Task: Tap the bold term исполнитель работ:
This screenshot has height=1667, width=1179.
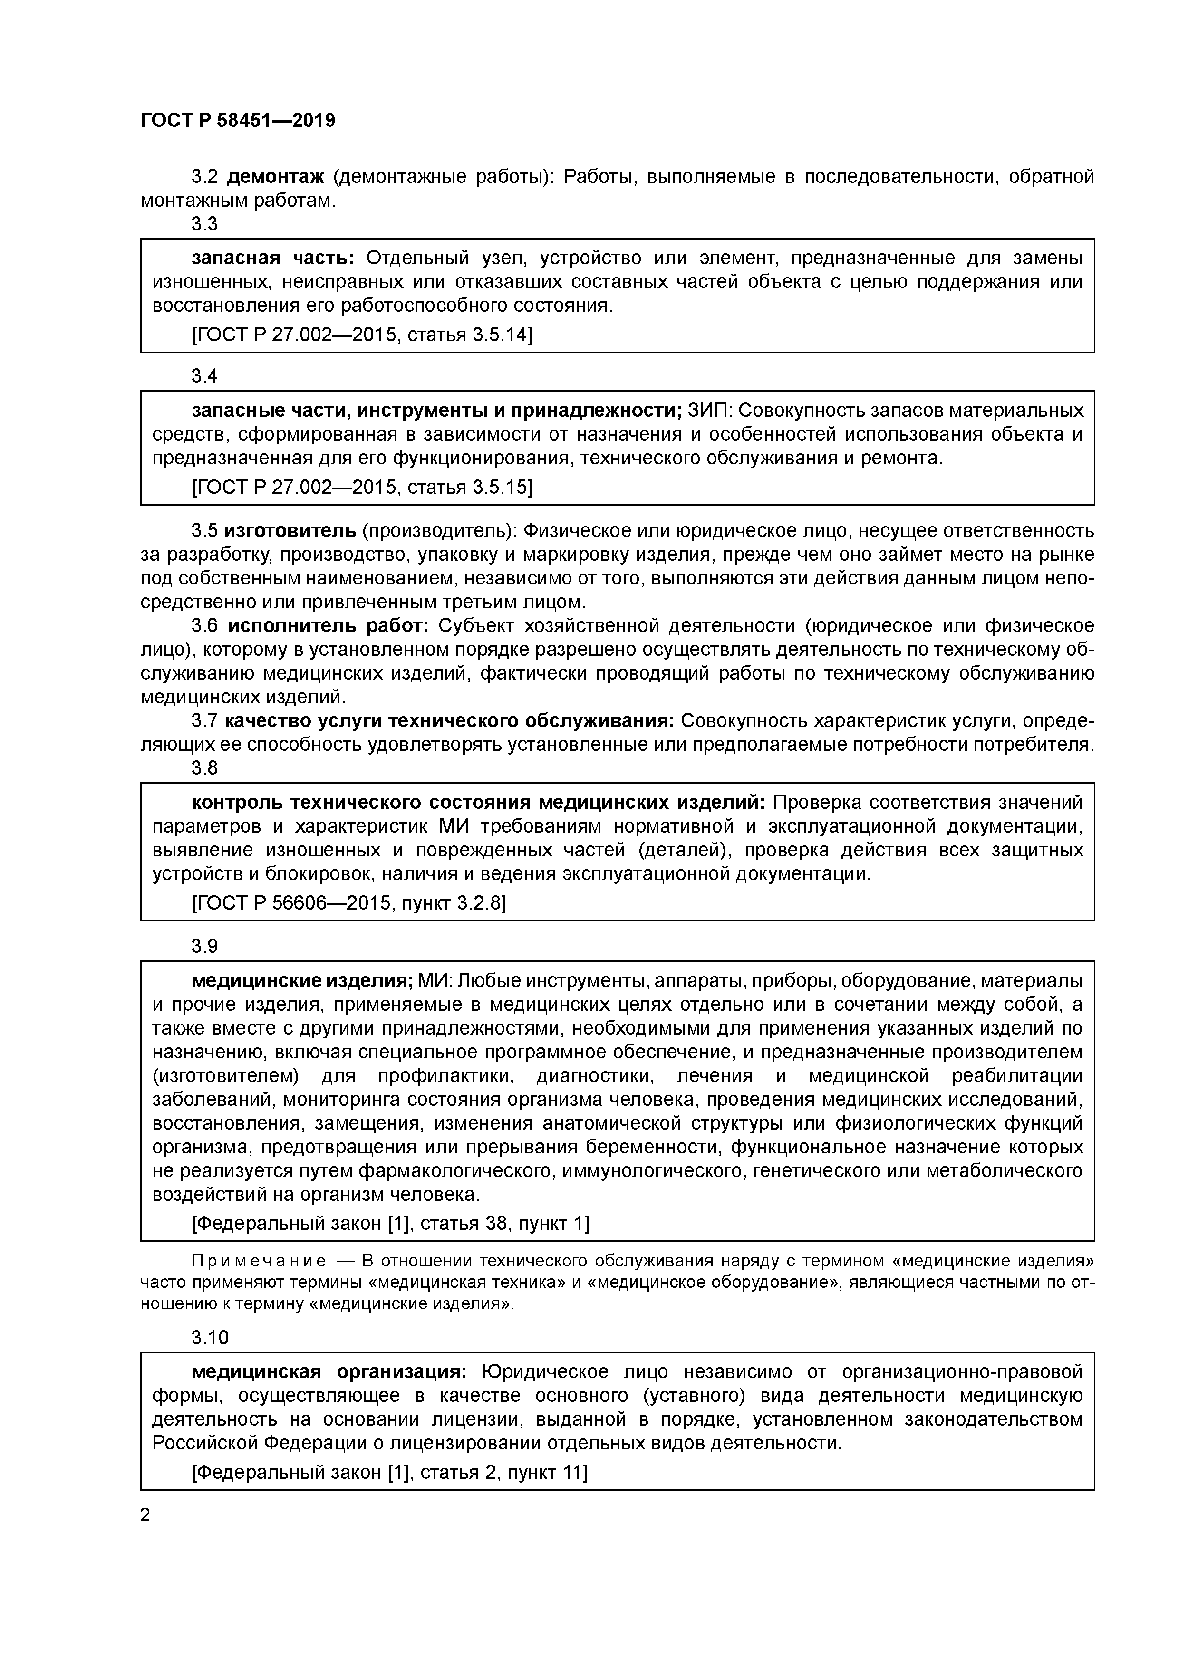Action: click(x=329, y=626)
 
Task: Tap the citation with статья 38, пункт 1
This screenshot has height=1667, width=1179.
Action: click(x=390, y=1223)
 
